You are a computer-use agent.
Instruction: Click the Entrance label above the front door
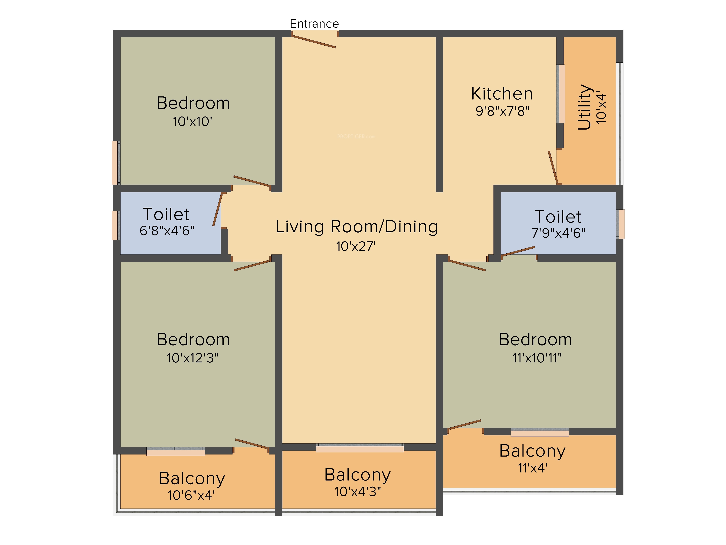pyautogui.click(x=314, y=24)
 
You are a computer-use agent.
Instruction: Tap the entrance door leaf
pyautogui.click(x=314, y=42)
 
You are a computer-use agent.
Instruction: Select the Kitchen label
pyautogui.click(x=502, y=94)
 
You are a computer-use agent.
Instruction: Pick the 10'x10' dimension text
pyautogui.click(x=192, y=122)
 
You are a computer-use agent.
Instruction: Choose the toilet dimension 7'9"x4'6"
pyautogui.click(x=558, y=233)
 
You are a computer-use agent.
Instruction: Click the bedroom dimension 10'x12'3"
pyautogui.click(x=192, y=358)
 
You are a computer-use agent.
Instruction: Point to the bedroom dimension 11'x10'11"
pyautogui.click(x=537, y=358)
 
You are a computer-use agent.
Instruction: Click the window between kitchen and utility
pyautogui.click(x=561, y=94)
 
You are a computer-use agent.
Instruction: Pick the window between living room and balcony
pyautogui.click(x=360, y=448)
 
